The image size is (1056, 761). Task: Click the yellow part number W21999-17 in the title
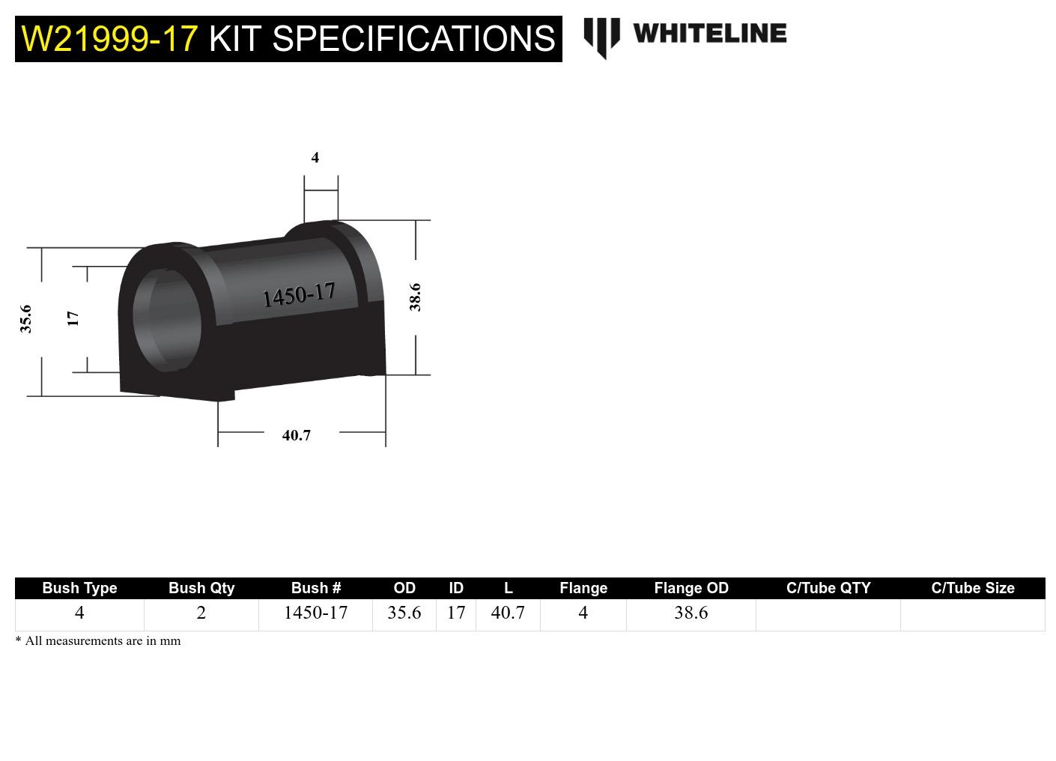[x=109, y=39]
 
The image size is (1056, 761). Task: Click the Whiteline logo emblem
[x=601, y=37]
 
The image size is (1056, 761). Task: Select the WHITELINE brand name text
[x=709, y=34]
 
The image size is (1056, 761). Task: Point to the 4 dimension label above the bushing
[x=315, y=157]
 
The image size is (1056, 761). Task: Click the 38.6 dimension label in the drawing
[x=415, y=297]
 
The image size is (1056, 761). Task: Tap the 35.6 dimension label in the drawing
[x=26, y=318]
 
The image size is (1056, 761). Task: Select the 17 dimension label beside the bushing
[x=73, y=318]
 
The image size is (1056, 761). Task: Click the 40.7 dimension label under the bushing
[x=297, y=435]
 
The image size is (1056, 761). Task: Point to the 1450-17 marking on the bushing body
[x=299, y=295]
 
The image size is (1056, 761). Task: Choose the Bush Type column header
[x=79, y=588]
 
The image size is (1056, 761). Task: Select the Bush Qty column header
[x=201, y=588]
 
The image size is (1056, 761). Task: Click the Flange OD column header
[x=691, y=588]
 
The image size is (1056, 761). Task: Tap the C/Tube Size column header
[x=972, y=588]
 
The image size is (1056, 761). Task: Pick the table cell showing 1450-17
[x=315, y=613]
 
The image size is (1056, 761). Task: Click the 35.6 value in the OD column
[x=404, y=613]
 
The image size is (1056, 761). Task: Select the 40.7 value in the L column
[x=508, y=613]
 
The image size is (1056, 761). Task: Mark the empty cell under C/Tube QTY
[x=828, y=614]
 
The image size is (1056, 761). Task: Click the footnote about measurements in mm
[x=98, y=641]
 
